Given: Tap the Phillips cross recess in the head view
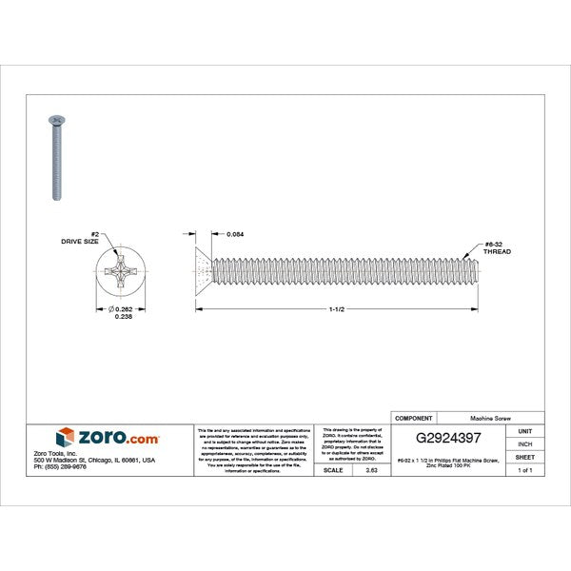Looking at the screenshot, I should [x=123, y=279].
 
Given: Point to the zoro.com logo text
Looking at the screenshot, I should [x=121, y=437].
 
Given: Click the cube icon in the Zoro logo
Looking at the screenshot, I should [x=66, y=437].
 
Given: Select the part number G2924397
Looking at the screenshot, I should [x=449, y=439].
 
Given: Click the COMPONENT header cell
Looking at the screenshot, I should [x=413, y=418].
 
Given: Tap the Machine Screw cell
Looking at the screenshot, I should [x=488, y=418].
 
